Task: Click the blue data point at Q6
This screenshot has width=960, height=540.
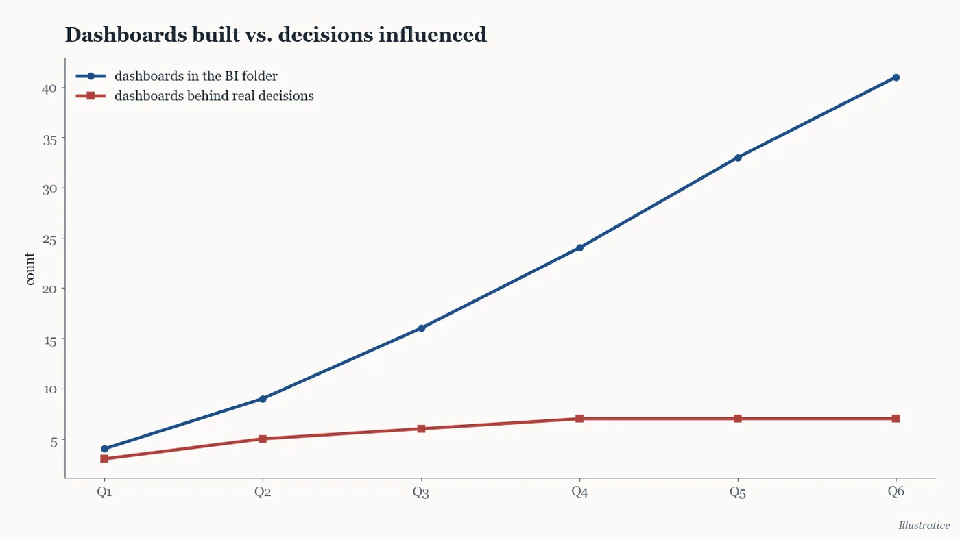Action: click(896, 77)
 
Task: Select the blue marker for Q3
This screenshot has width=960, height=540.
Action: click(421, 328)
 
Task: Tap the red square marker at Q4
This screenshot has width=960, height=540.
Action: click(579, 419)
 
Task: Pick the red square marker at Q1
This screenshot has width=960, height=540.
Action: click(104, 458)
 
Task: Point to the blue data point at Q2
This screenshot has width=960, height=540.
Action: click(263, 399)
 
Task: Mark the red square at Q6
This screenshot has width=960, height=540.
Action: click(896, 419)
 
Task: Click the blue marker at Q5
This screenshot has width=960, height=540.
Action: click(738, 158)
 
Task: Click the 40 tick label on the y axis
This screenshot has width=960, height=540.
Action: click(49, 88)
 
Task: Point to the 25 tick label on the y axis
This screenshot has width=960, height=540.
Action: click(49, 239)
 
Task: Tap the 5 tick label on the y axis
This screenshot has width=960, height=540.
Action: click(53, 441)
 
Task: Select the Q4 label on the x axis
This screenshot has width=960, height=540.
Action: click(579, 491)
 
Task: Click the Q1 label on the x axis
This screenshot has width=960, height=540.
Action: click(104, 491)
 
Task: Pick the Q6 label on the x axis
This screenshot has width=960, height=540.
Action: click(896, 491)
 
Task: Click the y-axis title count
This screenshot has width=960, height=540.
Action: click(29, 269)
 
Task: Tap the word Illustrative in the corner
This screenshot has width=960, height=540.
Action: click(924, 525)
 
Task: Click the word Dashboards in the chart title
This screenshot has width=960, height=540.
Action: click(126, 34)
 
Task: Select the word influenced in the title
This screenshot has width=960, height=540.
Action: click(433, 34)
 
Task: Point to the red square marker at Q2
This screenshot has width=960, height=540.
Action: click(263, 439)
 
